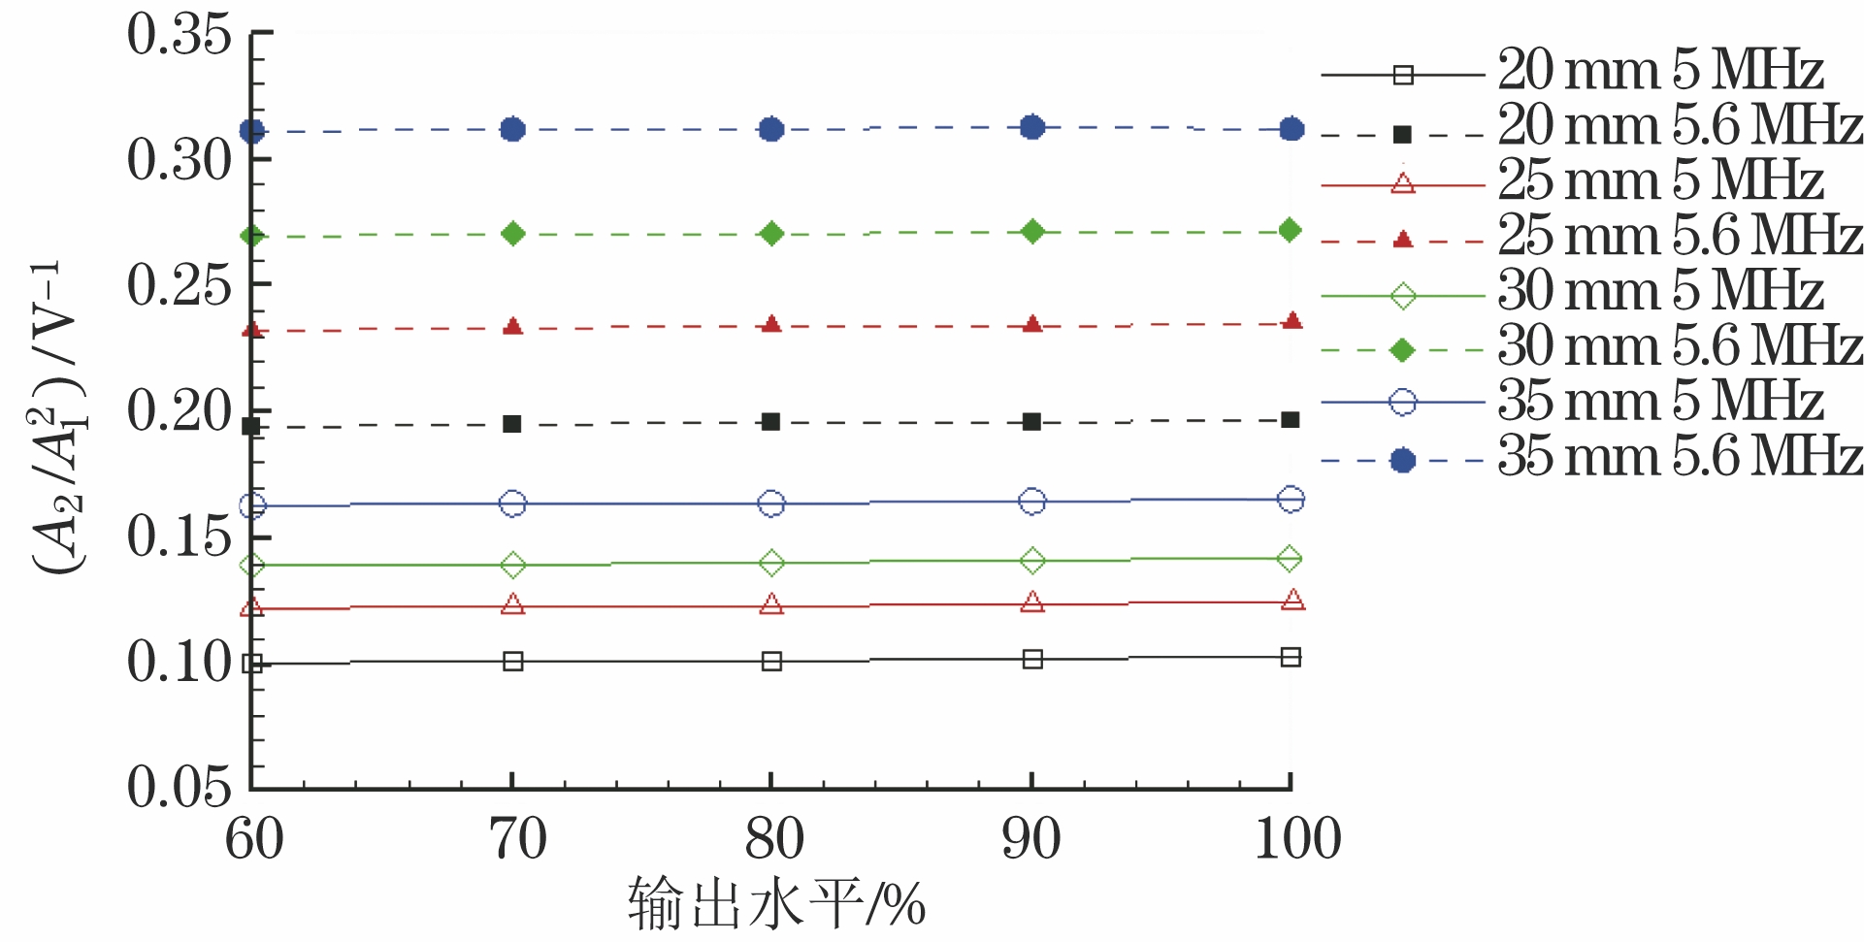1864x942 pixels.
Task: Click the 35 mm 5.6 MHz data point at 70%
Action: tap(512, 129)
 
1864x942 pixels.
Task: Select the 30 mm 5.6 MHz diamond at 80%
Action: tap(771, 234)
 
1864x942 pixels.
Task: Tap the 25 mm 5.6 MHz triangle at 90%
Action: tap(1032, 324)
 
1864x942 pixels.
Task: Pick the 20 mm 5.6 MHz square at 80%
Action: tap(771, 422)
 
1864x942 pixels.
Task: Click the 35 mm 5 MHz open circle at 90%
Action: tap(1032, 502)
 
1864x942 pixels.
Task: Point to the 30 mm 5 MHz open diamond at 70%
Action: tap(512, 565)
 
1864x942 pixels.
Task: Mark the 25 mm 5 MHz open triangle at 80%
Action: tap(771, 605)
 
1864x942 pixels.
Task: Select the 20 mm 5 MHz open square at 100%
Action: tap(1291, 658)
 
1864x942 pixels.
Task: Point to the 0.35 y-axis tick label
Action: tap(180, 35)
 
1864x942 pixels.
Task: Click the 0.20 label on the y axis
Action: tap(180, 411)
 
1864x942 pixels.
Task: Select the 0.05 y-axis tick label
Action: tap(180, 786)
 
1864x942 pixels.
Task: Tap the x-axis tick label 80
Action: tap(773, 840)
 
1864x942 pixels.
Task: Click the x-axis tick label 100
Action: tap(1297, 840)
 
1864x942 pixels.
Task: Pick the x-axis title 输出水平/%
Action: tap(776, 904)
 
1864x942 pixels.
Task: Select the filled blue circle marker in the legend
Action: tap(1402, 460)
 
